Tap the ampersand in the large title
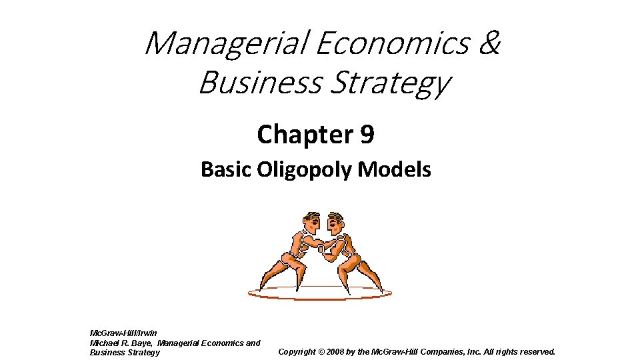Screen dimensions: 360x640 pos(489,43)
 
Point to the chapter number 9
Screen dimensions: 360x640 pos(367,135)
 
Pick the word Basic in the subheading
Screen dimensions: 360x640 pos(225,170)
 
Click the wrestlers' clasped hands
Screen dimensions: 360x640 pos(322,249)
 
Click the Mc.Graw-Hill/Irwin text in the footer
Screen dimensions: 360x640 pos(123,333)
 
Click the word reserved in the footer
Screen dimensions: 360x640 pos(534,351)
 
